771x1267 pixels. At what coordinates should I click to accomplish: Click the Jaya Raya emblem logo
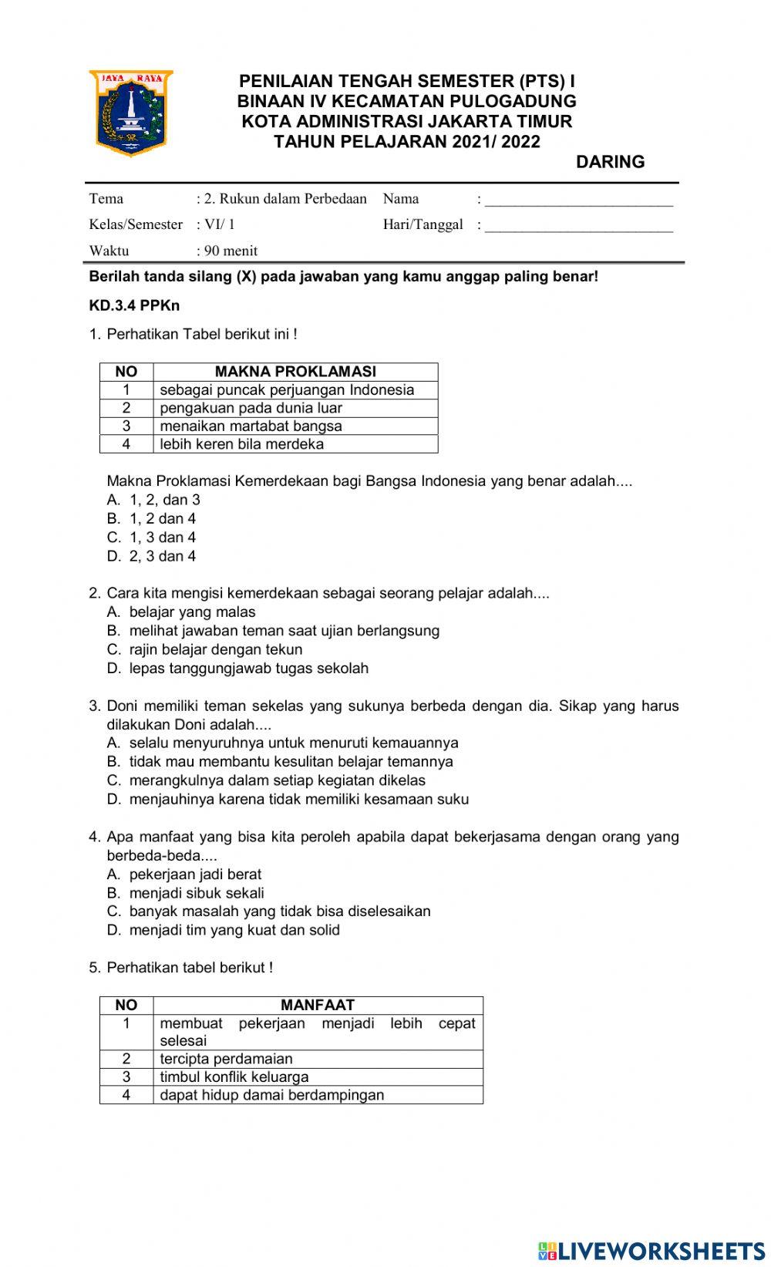pos(130,113)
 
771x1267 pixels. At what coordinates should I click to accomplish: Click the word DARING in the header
pos(610,162)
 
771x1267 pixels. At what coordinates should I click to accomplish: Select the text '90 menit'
pos(231,251)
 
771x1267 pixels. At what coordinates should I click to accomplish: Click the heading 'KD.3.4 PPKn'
pos(134,305)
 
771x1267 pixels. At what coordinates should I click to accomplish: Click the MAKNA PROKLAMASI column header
pos(295,372)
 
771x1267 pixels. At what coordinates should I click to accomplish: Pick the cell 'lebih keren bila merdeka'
pos(241,444)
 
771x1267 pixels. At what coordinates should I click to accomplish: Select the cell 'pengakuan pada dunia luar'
pos(251,408)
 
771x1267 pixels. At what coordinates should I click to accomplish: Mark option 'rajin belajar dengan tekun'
pos(215,649)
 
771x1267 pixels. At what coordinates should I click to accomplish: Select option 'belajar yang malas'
pos(192,612)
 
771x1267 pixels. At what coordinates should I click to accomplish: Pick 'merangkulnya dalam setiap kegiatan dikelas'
pos(277,780)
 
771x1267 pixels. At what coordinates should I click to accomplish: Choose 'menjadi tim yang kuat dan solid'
pos(234,930)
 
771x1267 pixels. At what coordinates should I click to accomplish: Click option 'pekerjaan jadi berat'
pos(195,874)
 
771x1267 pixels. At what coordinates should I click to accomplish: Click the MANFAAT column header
pos(317,1005)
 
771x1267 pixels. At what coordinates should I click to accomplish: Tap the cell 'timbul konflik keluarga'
pos(234,1077)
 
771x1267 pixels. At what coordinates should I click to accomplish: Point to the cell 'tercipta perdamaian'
pos(226,1059)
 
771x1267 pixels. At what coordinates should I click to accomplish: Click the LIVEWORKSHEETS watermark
pos(652,1250)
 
